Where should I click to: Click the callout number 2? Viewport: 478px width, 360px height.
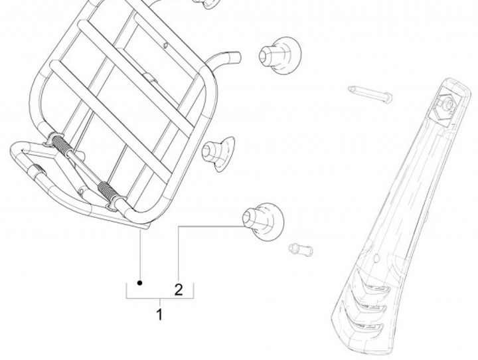[178, 290]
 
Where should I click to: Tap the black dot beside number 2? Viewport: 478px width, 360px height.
[141, 283]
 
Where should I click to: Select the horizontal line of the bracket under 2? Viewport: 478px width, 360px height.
[159, 300]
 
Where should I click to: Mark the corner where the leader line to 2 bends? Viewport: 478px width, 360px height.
[178, 226]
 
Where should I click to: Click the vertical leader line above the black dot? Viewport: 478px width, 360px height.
[141, 256]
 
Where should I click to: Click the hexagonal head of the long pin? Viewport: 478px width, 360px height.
[388, 99]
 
